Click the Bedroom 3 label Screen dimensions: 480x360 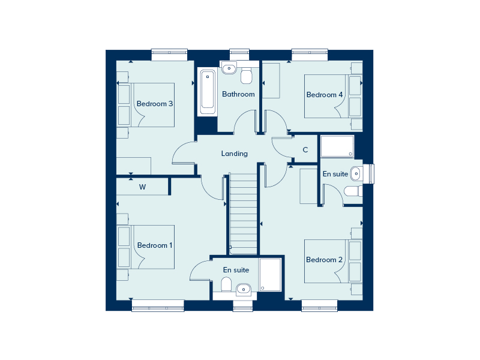pyautogui.click(x=155, y=104)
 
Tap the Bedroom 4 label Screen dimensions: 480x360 pyautogui.click(x=325, y=95)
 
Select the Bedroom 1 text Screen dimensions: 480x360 pyautogui.click(x=155, y=245)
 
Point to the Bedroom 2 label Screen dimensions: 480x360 pyautogui.click(x=324, y=260)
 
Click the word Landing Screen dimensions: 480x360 pyautogui.click(x=234, y=154)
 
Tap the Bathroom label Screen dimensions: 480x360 pyautogui.click(x=238, y=94)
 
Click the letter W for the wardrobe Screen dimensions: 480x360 pyautogui.click(x=143, y=187)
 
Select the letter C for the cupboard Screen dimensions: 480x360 pyautogui.click(x=305, y=150)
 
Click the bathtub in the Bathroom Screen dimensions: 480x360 pyautogui.click(x=208, y=93)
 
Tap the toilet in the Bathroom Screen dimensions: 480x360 pyautogui.click(x=246, y=77)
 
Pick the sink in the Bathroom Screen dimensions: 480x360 pyautogui.click(x=229, y=68)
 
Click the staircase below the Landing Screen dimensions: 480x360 pyautogui.click(x=244, y=213)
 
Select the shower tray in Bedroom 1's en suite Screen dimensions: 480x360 pyautogui.click(x=270, y=275)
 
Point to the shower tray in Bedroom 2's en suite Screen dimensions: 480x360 pyautogui.click(x=337, y=146)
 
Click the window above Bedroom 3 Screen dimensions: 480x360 pyautogui.click(x=169, y=55)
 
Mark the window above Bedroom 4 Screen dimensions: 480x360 pyautogui.click(x=310, y=55)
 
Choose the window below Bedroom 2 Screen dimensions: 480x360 pyautogui.click(x=319, y=306)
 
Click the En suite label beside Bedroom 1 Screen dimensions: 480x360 pyautogui.click(x=236, y=270)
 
